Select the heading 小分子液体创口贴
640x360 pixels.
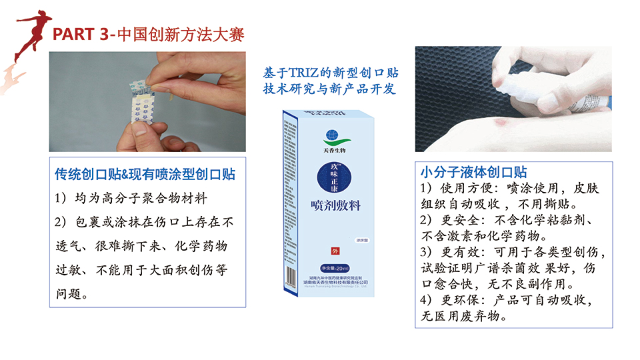[x=474, y=172]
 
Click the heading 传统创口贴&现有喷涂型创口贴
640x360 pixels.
[x=145, y=175]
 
